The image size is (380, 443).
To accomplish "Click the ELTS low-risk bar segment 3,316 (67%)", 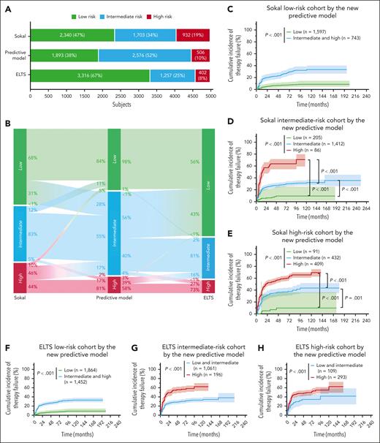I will click(x=89, y=74).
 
